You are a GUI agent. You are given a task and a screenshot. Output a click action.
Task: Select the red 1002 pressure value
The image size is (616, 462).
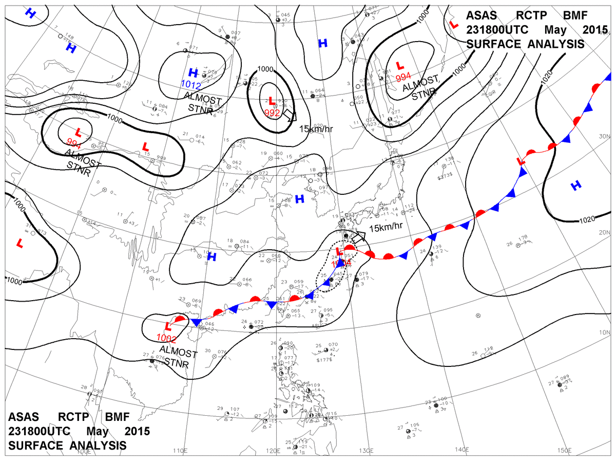(x=167, y=338)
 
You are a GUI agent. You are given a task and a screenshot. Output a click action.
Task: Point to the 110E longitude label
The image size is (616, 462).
(x=179, y=451)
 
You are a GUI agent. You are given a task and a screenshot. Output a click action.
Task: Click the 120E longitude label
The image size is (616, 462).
(x=272, y=451)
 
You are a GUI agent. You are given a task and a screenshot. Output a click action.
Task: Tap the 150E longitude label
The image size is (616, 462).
(x=564, y=450)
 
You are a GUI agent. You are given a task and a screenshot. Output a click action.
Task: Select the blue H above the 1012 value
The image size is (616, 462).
(x=193, y=72)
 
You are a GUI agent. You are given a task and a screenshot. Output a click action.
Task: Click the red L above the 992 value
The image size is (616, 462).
(x=270, y=100)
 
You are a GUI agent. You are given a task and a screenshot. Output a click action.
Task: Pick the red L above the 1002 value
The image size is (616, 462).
(x=167, y=326)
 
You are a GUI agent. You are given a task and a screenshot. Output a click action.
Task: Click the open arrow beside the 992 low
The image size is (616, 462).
(x=290, y=115)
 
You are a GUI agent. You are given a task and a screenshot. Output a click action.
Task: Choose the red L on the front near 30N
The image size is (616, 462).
(x=521, y=161)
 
